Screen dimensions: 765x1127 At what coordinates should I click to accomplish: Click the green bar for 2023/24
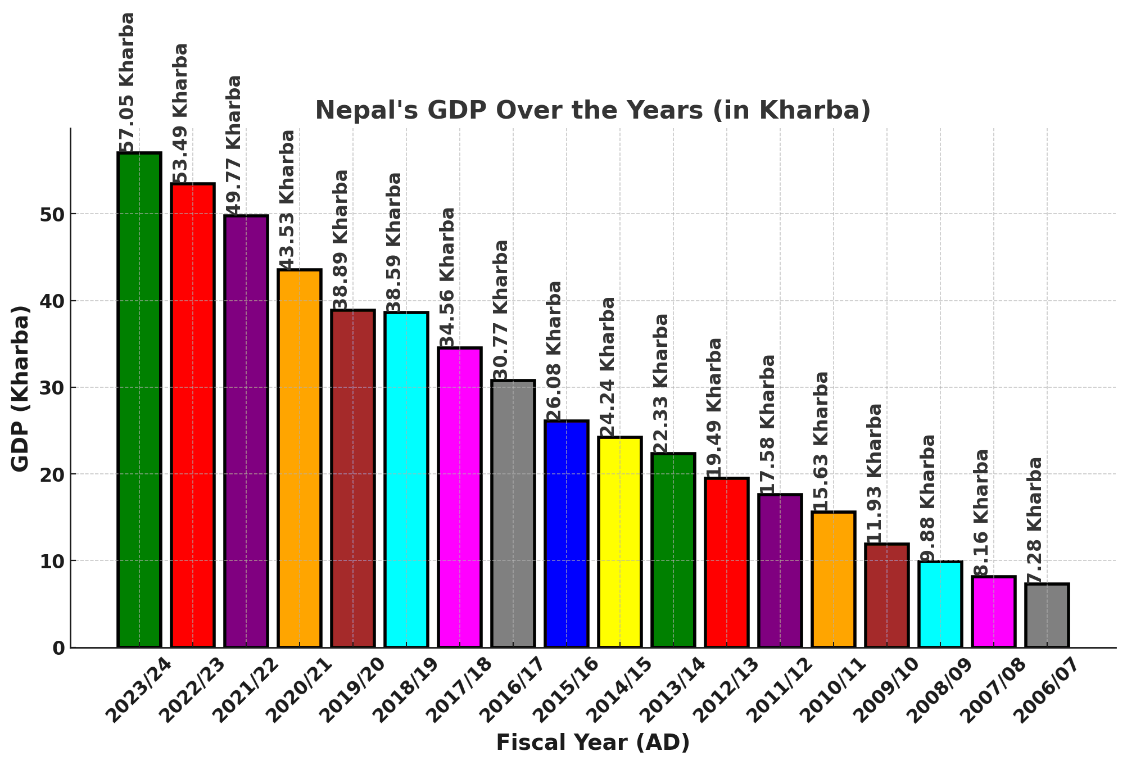(x=139, y=400)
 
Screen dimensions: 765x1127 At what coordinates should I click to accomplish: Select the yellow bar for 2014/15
(x=620, y=542)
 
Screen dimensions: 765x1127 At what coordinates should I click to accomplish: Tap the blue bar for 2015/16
(x=567, y=534)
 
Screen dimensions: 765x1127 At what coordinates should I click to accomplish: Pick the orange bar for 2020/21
(x=300, y=458)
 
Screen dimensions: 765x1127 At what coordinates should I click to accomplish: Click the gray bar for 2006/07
(x=1047, y=615)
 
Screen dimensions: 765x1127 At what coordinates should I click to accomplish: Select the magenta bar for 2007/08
(x=993, y=612)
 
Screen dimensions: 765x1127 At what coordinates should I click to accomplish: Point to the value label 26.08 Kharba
(x=555, y=351)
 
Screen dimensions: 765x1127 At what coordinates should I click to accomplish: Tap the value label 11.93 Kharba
(x=875, y=473)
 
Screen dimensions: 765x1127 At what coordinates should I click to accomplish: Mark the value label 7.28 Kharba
(x=1035, y=520)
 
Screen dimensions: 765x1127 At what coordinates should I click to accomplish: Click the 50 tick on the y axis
(x=52, y=215)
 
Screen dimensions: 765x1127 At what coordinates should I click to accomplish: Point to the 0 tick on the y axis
(x=59, y=648)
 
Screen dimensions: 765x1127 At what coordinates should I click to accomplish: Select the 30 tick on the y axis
(x=52, y=388)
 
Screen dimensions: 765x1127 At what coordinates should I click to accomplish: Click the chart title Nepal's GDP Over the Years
(x=592, y=110)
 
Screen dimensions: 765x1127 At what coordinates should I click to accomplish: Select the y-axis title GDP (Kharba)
(x=20, y=388)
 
